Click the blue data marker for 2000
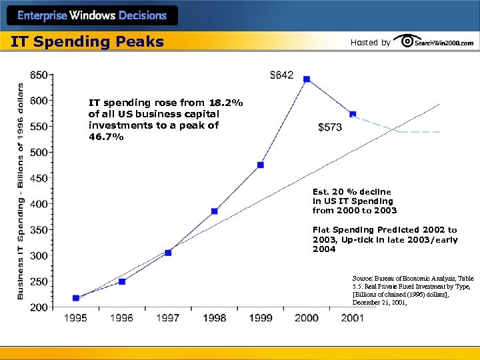307,79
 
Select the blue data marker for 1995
76,298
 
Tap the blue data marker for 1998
215,211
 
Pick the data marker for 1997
168,253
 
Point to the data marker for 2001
353,115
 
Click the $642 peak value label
281,75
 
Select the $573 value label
330,126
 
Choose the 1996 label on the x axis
122,318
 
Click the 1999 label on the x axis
261,318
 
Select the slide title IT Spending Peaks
87,42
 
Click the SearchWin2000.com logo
434,42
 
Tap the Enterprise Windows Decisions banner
91,15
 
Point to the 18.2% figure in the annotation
225,103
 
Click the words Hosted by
370,43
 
